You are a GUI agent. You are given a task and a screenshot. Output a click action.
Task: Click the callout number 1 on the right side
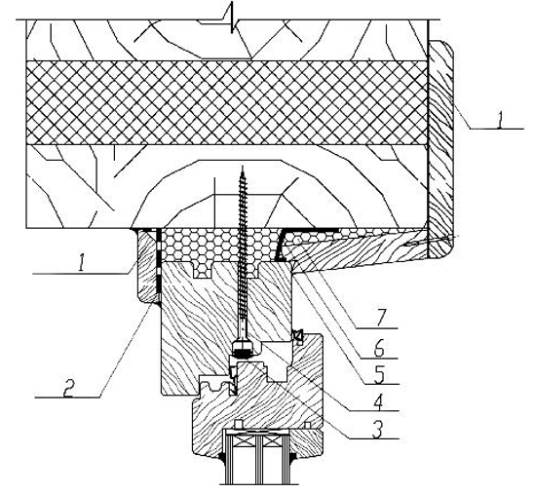pos(500,120)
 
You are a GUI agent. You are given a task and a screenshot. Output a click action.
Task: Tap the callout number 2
pos(69,388)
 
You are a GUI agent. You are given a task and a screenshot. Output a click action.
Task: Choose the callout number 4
pos(379,402)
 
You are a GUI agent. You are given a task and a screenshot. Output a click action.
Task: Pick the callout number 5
pos(379,375)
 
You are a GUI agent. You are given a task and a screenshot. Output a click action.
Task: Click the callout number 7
pos(381,319)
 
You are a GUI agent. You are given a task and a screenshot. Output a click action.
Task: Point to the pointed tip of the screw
pos(243,167)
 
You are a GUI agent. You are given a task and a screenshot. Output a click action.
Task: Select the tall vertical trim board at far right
pos(440,149)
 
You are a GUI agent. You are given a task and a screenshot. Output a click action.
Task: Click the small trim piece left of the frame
pos(146,266)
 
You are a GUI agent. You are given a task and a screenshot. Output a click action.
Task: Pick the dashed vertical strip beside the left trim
pos(158,266)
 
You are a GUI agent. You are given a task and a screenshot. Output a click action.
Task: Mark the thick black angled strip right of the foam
pos(282,245)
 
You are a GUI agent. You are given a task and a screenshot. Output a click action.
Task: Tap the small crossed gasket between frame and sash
pos(297,337)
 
